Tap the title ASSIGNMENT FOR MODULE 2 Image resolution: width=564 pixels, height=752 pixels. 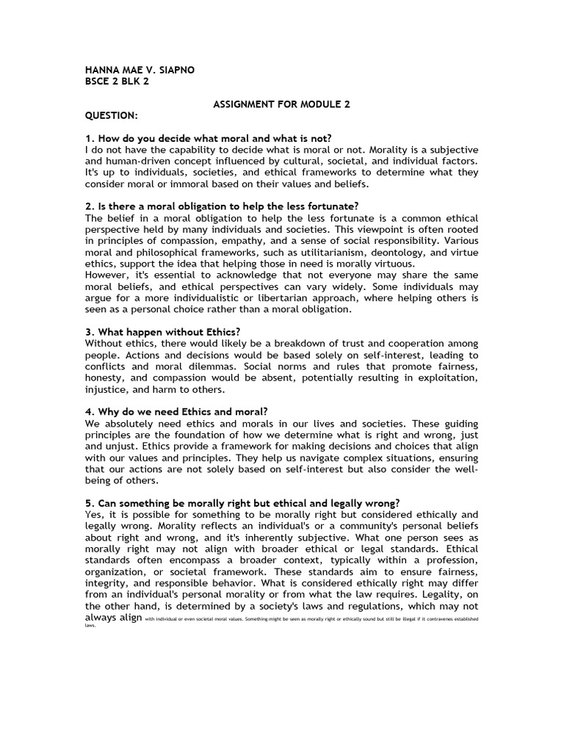pyautogui.click(x=281, y=104)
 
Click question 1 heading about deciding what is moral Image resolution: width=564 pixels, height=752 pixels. pyautogui.click(x=209, y=138)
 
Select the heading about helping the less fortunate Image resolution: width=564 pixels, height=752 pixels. pyautogui.click(x=222, y=206)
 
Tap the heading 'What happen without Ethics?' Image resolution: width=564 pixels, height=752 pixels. pyautogui.click(x=162, y=332)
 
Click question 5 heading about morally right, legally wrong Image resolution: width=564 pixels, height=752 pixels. pyautogui.click(x=242, y=503)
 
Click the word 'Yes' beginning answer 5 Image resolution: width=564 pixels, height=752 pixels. pyautogui.click(x=95, y=515)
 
